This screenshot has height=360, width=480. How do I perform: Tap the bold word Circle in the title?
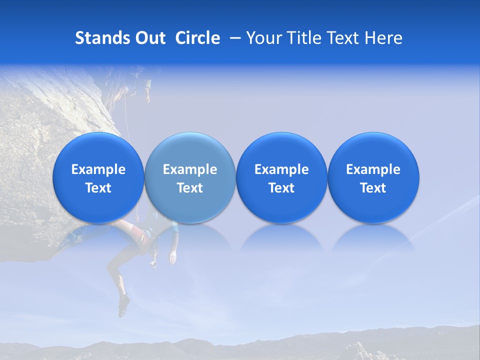click(x=197, y=38)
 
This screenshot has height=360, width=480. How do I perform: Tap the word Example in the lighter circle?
click(x=190, y=169)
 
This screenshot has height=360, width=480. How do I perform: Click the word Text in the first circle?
click(x=98, y=188)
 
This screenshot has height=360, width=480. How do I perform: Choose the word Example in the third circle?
click(x=281, y=169)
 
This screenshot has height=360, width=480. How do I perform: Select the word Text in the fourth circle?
click(x=373, y=188)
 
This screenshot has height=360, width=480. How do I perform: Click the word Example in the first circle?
click(x=98, y=169)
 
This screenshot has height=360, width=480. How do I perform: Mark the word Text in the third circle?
click(x=281, y=188)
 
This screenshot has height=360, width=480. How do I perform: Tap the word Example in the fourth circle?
click(x=373, y=169)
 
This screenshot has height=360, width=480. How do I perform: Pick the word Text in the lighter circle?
click(x=190, y=188)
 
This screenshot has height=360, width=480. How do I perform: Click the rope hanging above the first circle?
click(x=127, y=120)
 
